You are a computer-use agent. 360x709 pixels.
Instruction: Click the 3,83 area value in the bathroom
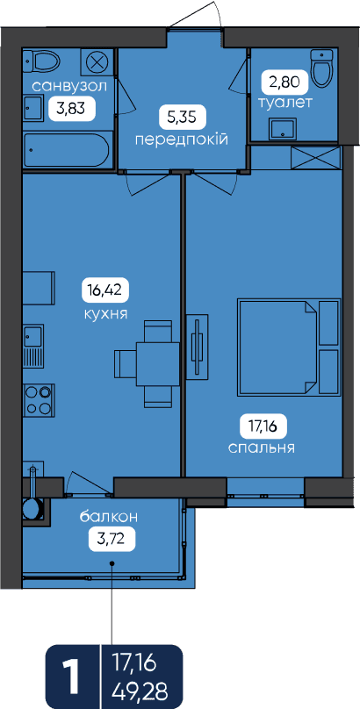click(71, 109)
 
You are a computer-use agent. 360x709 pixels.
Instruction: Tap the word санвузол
click(69, 86)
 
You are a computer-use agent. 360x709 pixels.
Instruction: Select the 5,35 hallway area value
click(183, 118)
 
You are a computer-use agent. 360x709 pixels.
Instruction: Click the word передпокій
click(182, 140)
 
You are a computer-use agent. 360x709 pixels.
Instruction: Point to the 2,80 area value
click(284, 82)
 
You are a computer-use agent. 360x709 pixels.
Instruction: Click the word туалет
click(284, 103)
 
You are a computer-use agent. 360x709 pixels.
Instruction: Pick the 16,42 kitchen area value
click(105, 290)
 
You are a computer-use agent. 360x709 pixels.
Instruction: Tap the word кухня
click(104, 313)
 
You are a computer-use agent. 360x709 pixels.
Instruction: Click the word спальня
click(263, 448)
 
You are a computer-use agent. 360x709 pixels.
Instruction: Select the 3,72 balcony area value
click(112, 538)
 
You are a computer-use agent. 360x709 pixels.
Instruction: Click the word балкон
click(109, 517)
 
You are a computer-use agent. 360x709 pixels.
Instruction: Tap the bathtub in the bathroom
click(66, 151)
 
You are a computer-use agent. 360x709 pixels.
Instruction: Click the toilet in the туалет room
click(321, 68)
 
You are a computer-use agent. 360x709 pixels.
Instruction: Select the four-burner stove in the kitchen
click(39, 400)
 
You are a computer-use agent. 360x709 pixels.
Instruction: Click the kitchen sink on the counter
click(33, 336)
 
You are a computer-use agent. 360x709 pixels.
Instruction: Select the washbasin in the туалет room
click(283, 129)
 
